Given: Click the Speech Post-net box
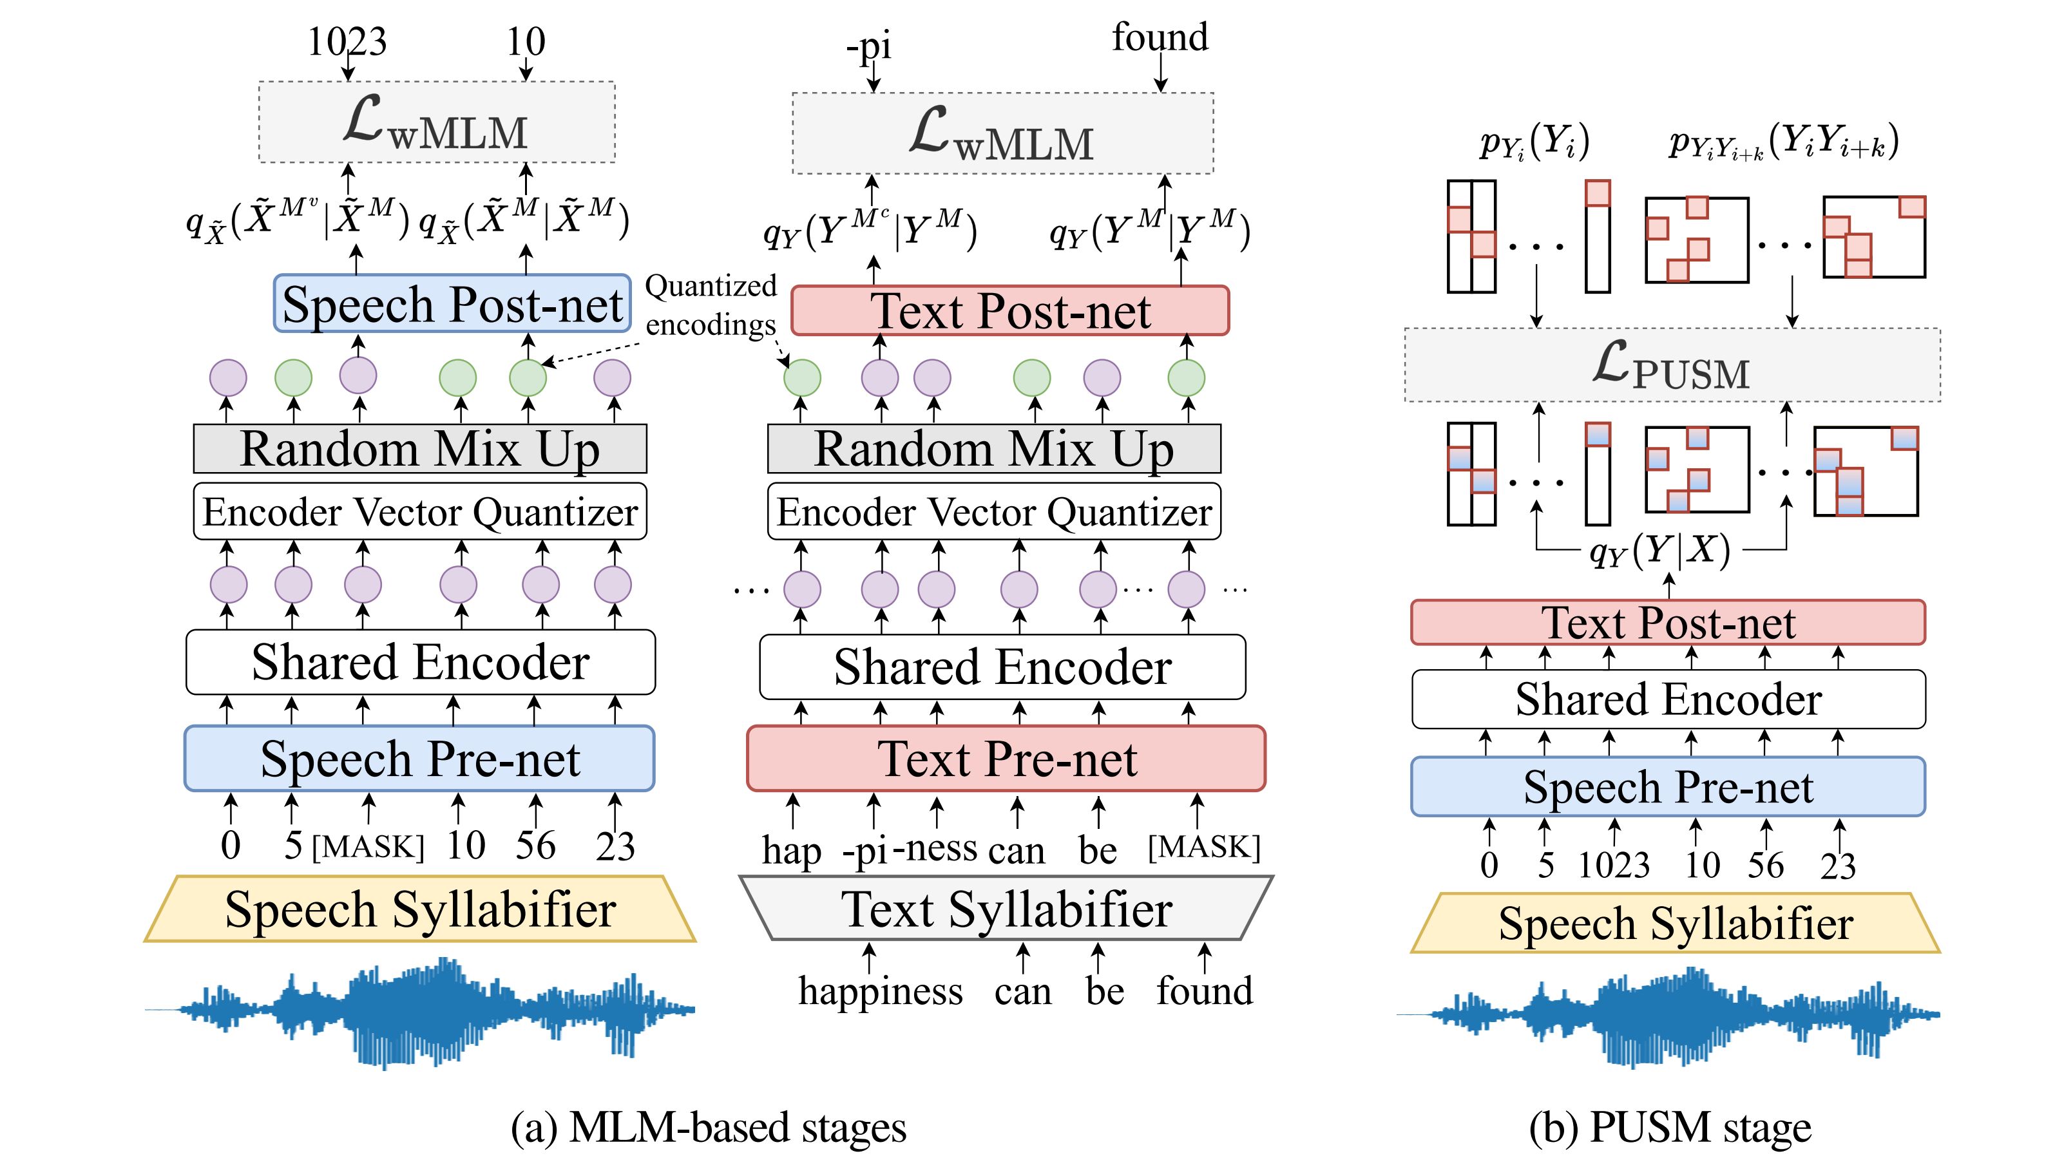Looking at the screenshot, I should [x=452, y=304].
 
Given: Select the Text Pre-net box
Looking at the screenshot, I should [x=1006, y=758].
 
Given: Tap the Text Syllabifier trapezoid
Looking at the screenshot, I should [x=1006, y=908].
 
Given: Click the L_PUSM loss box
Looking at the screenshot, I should [x=1672, y=365].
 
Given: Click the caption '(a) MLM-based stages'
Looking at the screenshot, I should [x=709, y=1127].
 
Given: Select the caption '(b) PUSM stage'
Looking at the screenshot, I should [x=1670, y=1127].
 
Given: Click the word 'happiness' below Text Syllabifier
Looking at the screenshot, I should [x=880, y=991].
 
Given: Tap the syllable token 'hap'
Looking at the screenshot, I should [x=791, y=849].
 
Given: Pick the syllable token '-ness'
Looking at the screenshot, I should [x=935, y=848].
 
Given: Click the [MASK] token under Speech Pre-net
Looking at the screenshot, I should [x=367, y=847].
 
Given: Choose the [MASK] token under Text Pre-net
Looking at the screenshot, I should [x=1203, y=847].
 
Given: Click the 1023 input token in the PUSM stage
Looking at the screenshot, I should [x=1614, y=865].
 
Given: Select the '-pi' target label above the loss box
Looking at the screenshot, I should [x=869, y=46].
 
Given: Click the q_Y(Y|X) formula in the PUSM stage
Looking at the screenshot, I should [x=1660, y=551].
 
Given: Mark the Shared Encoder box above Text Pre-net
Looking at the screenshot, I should [x=1002, y=667].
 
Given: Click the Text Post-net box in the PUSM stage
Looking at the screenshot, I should [x=1667, y=623].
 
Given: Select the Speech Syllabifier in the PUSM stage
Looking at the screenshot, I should [x=1676, y=924].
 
